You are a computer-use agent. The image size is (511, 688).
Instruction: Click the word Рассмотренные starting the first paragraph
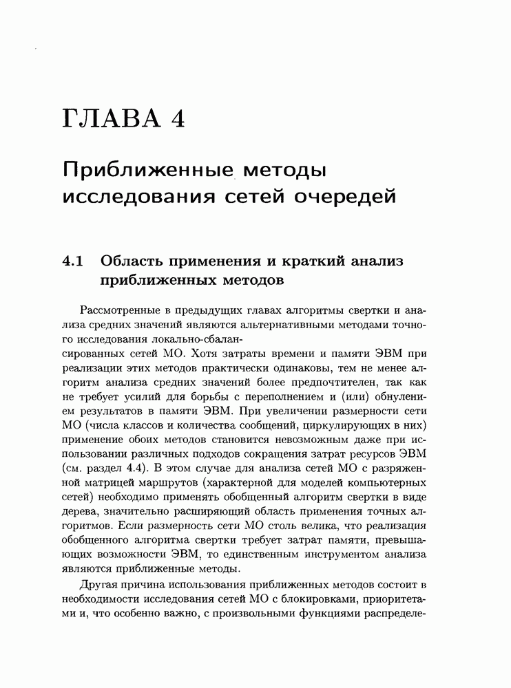tap(118, 310)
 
